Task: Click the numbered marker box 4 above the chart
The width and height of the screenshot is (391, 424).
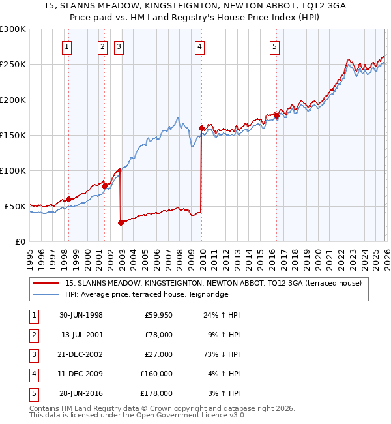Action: (x=199, y=46)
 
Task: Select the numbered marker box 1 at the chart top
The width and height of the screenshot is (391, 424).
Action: (x=68, y=46)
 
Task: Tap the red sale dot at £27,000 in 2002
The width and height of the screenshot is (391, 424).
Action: (x=121, y=222)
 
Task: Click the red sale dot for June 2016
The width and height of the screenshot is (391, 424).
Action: (x=276, y=115)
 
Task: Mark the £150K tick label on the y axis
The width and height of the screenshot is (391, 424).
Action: (x=13, y=135)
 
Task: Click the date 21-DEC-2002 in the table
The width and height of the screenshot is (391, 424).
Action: (x=81, y=354)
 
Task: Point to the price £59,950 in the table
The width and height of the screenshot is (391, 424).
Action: (x=156, y=315)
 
